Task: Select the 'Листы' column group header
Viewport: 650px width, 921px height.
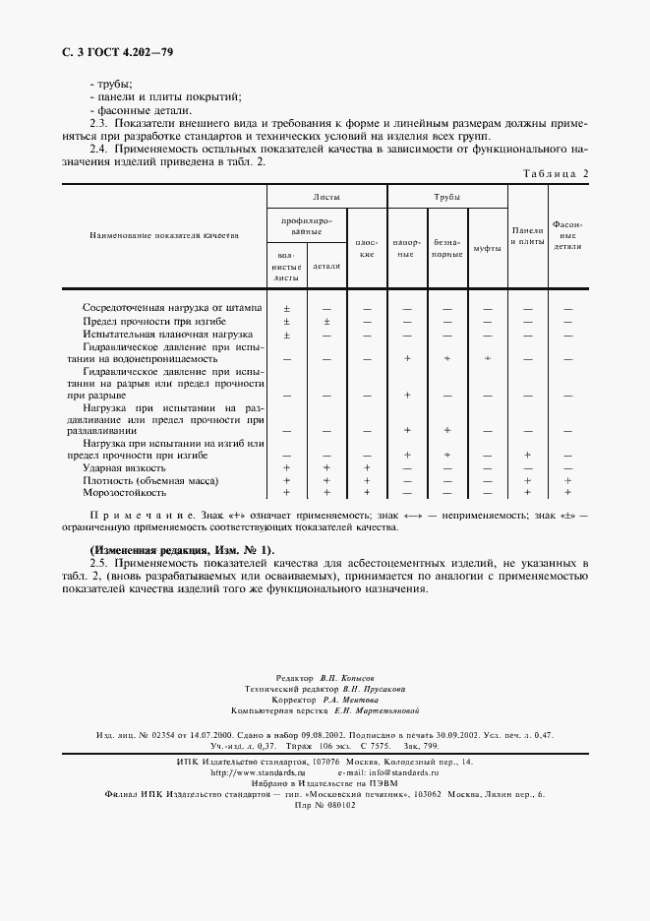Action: pyautogui.click(x=326, y=197)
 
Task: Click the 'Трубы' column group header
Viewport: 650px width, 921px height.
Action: pyautogui.click(x=447, y=197)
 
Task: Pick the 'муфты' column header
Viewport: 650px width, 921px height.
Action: pyautogui.click(x=488, y=248)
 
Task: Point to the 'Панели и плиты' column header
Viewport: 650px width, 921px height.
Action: pyautogui.click(x=527, y=235)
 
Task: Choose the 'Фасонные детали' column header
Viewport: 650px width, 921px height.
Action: pyautogui.click(x=567, y=235)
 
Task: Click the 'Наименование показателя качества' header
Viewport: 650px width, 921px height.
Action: pyautogui.click(x=164, y=236)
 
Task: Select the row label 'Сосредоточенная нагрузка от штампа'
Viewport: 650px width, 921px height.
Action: pyautogui.click(x=172, y=307)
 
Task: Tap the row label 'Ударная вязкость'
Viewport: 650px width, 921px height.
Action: pyautogui.click(x=124, y=468)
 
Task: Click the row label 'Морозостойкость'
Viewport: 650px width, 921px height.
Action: pyautogui.click(x=123, y=492)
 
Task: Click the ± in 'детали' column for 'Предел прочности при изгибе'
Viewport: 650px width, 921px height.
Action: pyautogui.click(x=326, y=321)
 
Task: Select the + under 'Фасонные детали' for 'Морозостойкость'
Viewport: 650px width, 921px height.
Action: pyautogui.click(x=567, y=492)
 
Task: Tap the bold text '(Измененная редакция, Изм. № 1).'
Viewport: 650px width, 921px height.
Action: pyautogui.click(x=182, y=548)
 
